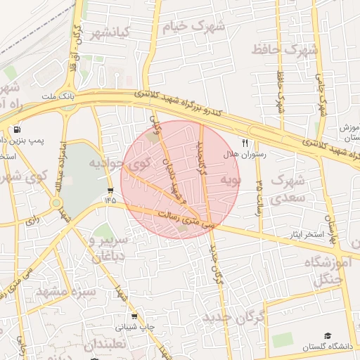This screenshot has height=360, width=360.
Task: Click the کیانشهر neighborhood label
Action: click(x=109, y=33)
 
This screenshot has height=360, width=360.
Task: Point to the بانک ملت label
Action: click(x=57, y=95)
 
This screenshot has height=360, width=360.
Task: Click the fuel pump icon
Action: click(x=16, y=130)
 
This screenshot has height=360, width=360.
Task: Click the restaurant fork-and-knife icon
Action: click(x=245, y=142)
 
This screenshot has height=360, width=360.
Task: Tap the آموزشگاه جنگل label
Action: click(x=327, y=271)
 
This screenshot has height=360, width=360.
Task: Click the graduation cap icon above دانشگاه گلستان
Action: click(x=327, y=337)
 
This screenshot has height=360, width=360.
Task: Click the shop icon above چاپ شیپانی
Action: click(x=134, y=316)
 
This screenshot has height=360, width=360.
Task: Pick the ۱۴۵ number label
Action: click(x=110, y=200)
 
